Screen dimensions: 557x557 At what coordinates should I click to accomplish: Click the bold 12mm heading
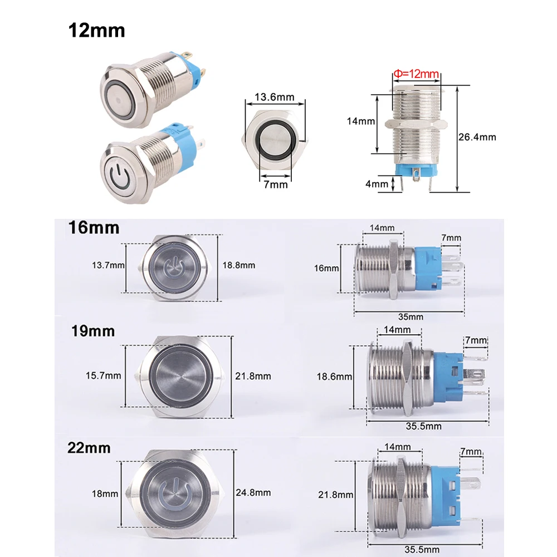coord(96,30)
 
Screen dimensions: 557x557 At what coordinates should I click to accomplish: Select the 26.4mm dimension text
coord(478,137)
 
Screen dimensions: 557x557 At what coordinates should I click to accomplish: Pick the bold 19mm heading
coord(92,331)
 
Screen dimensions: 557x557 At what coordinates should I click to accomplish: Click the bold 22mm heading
coord(89,448)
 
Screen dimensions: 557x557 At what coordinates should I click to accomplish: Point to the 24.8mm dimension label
coord(253,492)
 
